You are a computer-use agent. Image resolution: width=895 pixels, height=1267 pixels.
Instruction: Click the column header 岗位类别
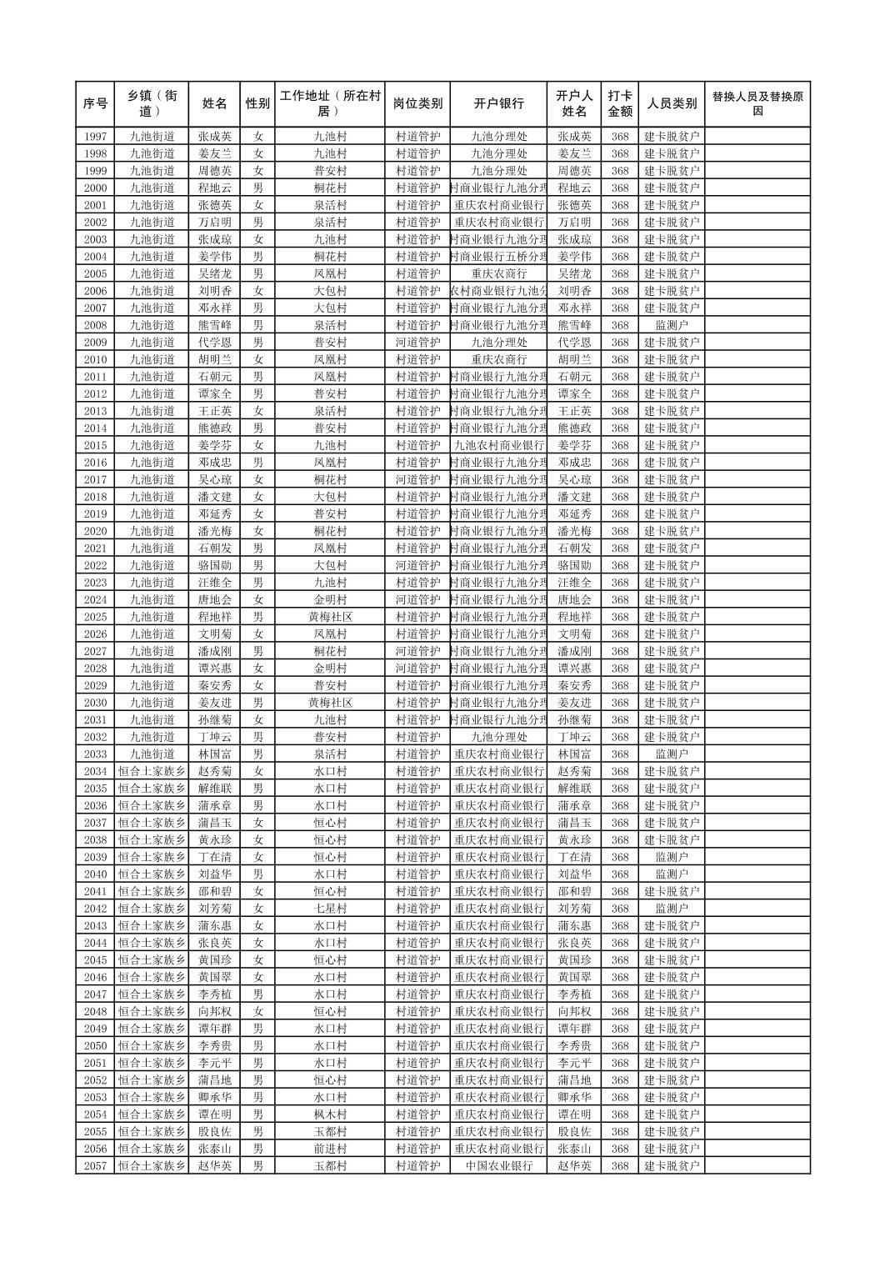pos(417,104)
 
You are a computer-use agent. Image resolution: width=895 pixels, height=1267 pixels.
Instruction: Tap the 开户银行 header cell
pos(498,104)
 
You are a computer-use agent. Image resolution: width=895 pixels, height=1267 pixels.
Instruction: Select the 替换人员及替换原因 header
pos(757,104)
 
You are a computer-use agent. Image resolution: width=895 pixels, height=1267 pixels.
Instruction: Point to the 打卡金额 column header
pos(619,104)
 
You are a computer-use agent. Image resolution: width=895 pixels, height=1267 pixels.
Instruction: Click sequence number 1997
pos(95,137)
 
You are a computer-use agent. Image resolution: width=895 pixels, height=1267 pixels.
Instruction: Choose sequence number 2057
pos(95,1166)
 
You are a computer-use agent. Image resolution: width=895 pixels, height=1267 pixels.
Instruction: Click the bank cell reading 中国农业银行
pos(498,1166)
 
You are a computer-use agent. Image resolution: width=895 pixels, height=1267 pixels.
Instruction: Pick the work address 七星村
pos(329,909)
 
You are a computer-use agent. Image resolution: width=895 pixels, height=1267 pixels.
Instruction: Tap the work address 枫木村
pos(329,1114)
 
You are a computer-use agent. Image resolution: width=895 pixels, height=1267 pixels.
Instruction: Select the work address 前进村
pos(329,1149)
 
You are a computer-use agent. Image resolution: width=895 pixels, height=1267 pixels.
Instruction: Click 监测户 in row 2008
pos(672,325)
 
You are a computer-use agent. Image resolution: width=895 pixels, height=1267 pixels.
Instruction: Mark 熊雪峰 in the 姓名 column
pos(214,325)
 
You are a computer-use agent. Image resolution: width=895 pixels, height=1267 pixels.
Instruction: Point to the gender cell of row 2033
pos(257,754)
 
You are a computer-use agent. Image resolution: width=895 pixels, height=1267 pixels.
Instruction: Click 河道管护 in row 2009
pos(417,343)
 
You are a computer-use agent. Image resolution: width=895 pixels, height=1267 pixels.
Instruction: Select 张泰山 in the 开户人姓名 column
pos(574,1149)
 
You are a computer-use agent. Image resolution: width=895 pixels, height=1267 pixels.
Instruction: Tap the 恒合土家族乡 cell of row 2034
pos(152,772)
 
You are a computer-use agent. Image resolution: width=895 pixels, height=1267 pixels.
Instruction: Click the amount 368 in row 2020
pos(619,531)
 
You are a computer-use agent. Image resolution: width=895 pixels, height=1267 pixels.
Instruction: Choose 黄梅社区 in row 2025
pos(329,617)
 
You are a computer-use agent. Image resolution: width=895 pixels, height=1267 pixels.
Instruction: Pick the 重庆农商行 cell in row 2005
pos(498,273)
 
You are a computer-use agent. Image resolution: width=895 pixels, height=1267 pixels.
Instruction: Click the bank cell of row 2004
pos(498,257)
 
